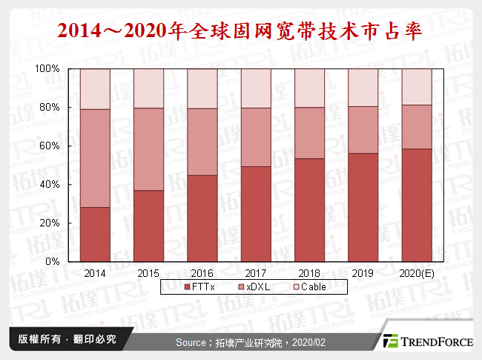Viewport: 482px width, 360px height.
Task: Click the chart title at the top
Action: click(x=240, y=30)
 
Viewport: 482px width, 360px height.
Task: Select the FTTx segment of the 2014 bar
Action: click(x=95, y=234)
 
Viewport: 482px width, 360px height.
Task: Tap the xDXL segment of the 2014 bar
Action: click(x=95, y=158)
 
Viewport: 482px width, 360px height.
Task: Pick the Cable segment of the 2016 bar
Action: click(x=202, y=88)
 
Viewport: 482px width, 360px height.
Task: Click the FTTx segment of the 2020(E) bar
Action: click(x=416, y=205)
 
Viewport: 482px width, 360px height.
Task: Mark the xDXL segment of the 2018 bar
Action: click(x=309, y=133)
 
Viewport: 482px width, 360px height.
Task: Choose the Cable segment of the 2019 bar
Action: click(x=363, y=87)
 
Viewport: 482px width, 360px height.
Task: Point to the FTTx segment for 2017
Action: click(x=256, y=214)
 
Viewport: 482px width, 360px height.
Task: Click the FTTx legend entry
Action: click(x=199, y=286)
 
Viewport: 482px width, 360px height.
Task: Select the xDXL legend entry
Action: click(x=250, y=286)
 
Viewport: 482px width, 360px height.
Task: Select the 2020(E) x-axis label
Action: click(x=416, y=272)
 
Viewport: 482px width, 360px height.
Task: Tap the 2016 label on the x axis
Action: click(x=202, y=272)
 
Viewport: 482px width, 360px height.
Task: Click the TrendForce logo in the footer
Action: click(x=429, y=341)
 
